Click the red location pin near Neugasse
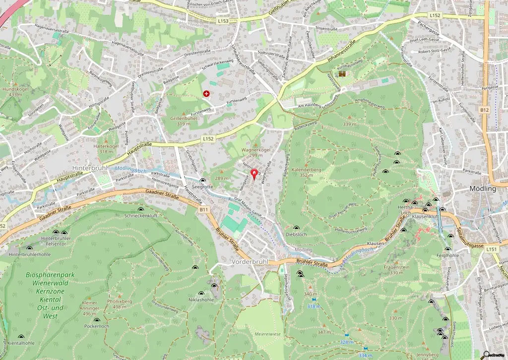click(254, 174)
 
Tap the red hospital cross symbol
click(206, 93)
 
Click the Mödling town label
click(482, 189)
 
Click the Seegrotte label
click(203, 187)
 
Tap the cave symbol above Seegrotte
click(202, 180)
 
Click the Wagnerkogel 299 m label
click(255, 152)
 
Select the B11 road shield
click(204, 210)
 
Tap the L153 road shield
click(223, 21)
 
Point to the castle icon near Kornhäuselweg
click(342, 74)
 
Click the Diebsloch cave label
click(296, 235)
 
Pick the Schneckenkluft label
click(141, 216)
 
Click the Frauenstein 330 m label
click(396, 270)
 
